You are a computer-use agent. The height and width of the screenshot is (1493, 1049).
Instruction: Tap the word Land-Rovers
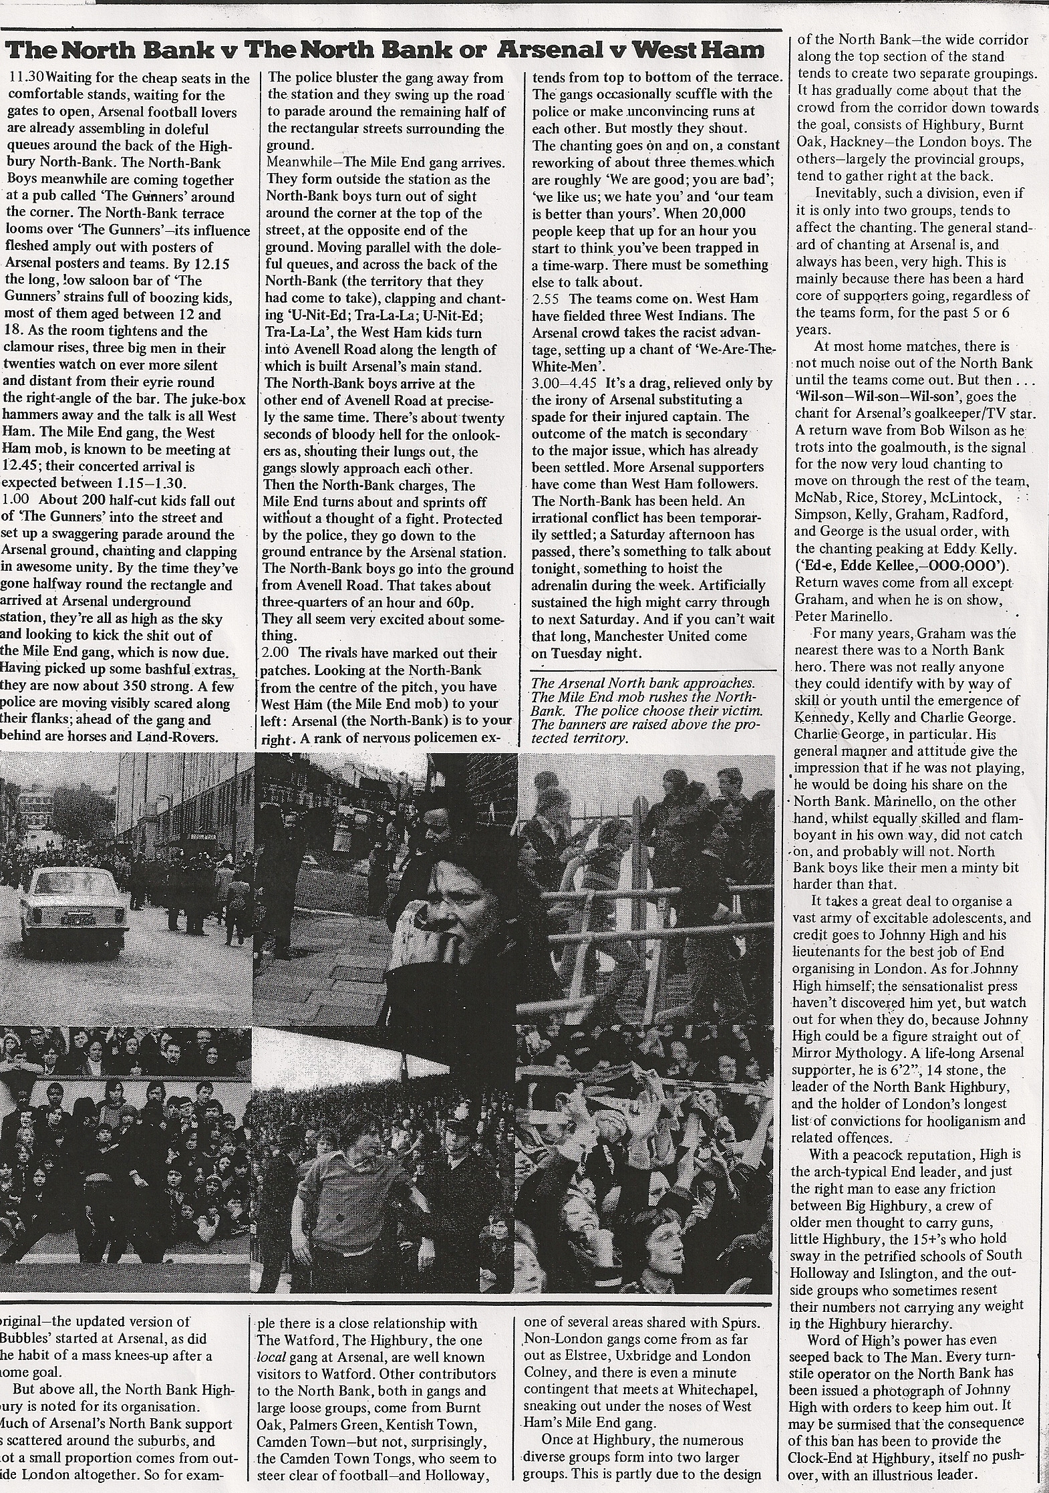190,737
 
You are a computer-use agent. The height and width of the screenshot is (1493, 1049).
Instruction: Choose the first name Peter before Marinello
810,616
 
